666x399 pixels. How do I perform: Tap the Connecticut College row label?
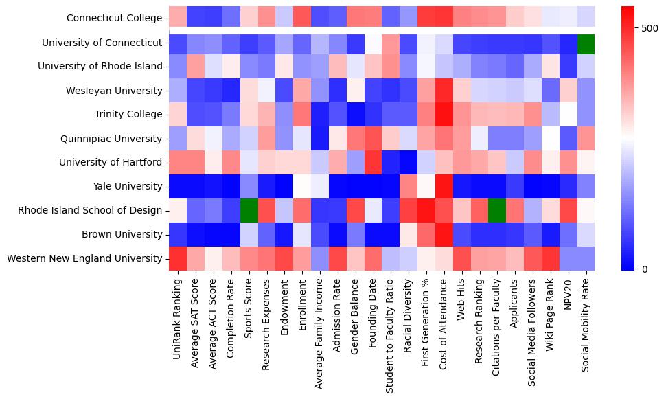(115, 18)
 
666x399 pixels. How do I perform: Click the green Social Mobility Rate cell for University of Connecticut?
(587, 43)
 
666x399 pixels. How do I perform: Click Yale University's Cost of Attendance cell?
(445, 186)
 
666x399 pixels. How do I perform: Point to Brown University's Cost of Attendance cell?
(445, 234)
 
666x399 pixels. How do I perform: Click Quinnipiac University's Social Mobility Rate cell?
(587, 138)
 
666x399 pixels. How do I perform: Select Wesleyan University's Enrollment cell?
(303, 90)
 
